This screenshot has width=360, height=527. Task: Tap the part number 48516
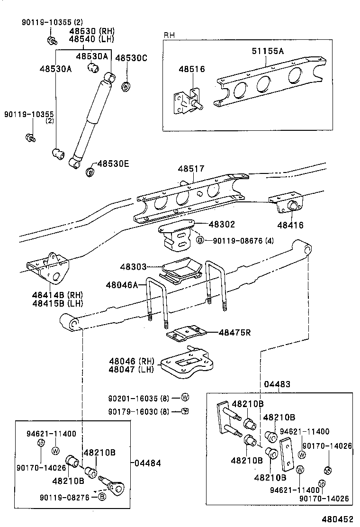click(191, 69)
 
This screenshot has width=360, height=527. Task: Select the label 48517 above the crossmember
click(191, 169)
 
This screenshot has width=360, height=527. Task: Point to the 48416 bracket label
click(291, 226)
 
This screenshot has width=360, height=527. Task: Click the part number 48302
click(222, 225)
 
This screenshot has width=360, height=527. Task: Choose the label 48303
click(133, 267)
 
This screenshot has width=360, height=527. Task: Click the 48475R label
click(234, 333)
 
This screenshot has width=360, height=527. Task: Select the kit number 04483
click(278, 384)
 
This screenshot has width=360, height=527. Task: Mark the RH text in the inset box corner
click(169, 36)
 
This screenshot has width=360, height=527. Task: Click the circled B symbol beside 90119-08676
click(200, 241)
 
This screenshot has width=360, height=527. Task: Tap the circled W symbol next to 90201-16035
click(185, 397)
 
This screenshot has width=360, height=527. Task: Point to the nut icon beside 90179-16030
click(186, 411)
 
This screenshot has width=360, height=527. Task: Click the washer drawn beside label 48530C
click(126, 87)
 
